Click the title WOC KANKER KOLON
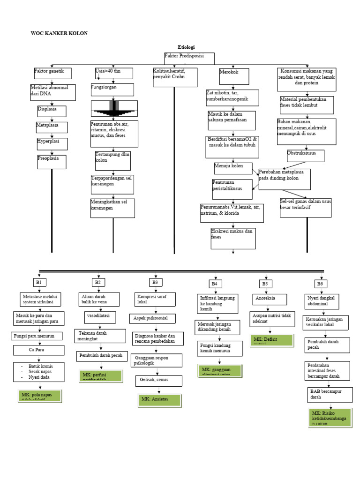click(59, 33)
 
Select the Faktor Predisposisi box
click(189, 59)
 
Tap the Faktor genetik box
click(52, 73)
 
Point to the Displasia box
click(52, 111)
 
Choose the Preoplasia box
click(52, 161)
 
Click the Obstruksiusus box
click(305, 156)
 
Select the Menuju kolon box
click(232, 168)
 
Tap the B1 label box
click(40, 282)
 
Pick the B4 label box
click(215, 284)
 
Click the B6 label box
click(320, 284)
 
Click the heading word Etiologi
click(186, 47)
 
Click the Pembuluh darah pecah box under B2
click(102, 356)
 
